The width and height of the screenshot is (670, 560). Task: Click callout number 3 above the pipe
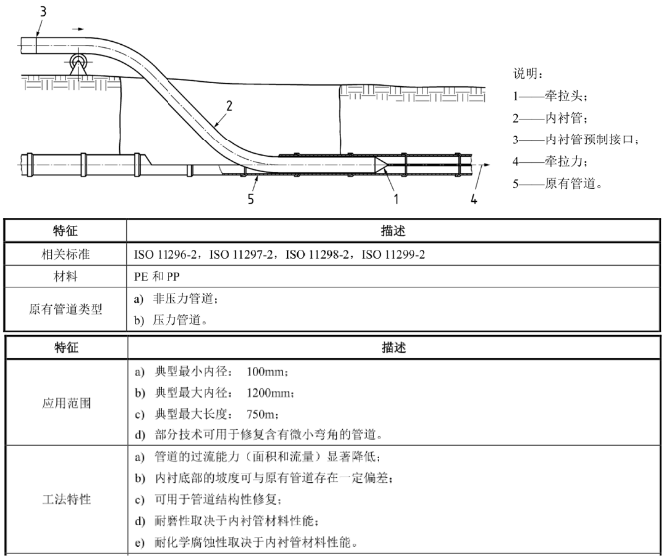tap(43, 11)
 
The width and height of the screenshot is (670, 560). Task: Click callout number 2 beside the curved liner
tap(229, 106)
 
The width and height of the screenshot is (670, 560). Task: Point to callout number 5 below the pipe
tap(251, 199)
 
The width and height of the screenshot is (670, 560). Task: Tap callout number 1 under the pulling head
tap(396, 199)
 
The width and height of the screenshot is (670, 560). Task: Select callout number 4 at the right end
tap(474, 199)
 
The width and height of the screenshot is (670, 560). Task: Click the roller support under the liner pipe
tap(79, 65)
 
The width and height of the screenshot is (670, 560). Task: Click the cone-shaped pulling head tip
tap(381, 164)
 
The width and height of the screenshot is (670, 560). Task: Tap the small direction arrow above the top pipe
tap(78, 29)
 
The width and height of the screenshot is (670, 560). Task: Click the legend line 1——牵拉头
tap(550, 96)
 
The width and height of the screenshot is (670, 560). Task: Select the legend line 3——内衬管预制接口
tap(576, 140)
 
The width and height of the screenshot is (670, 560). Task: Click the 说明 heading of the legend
tap(528, 73)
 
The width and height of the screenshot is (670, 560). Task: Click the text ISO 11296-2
tap(165, 255)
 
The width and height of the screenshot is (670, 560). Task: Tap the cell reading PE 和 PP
tap(157, 277)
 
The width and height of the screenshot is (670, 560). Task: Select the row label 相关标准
tap(66, 254)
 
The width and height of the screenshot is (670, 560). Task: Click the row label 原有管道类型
tap(66, 309)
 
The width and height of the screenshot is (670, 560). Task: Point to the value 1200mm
tap(268, 393)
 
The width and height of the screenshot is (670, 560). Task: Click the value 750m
tap(261, 414)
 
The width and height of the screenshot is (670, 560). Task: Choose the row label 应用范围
tap(66, 403)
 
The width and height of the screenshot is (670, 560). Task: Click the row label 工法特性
tap(66, 499)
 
